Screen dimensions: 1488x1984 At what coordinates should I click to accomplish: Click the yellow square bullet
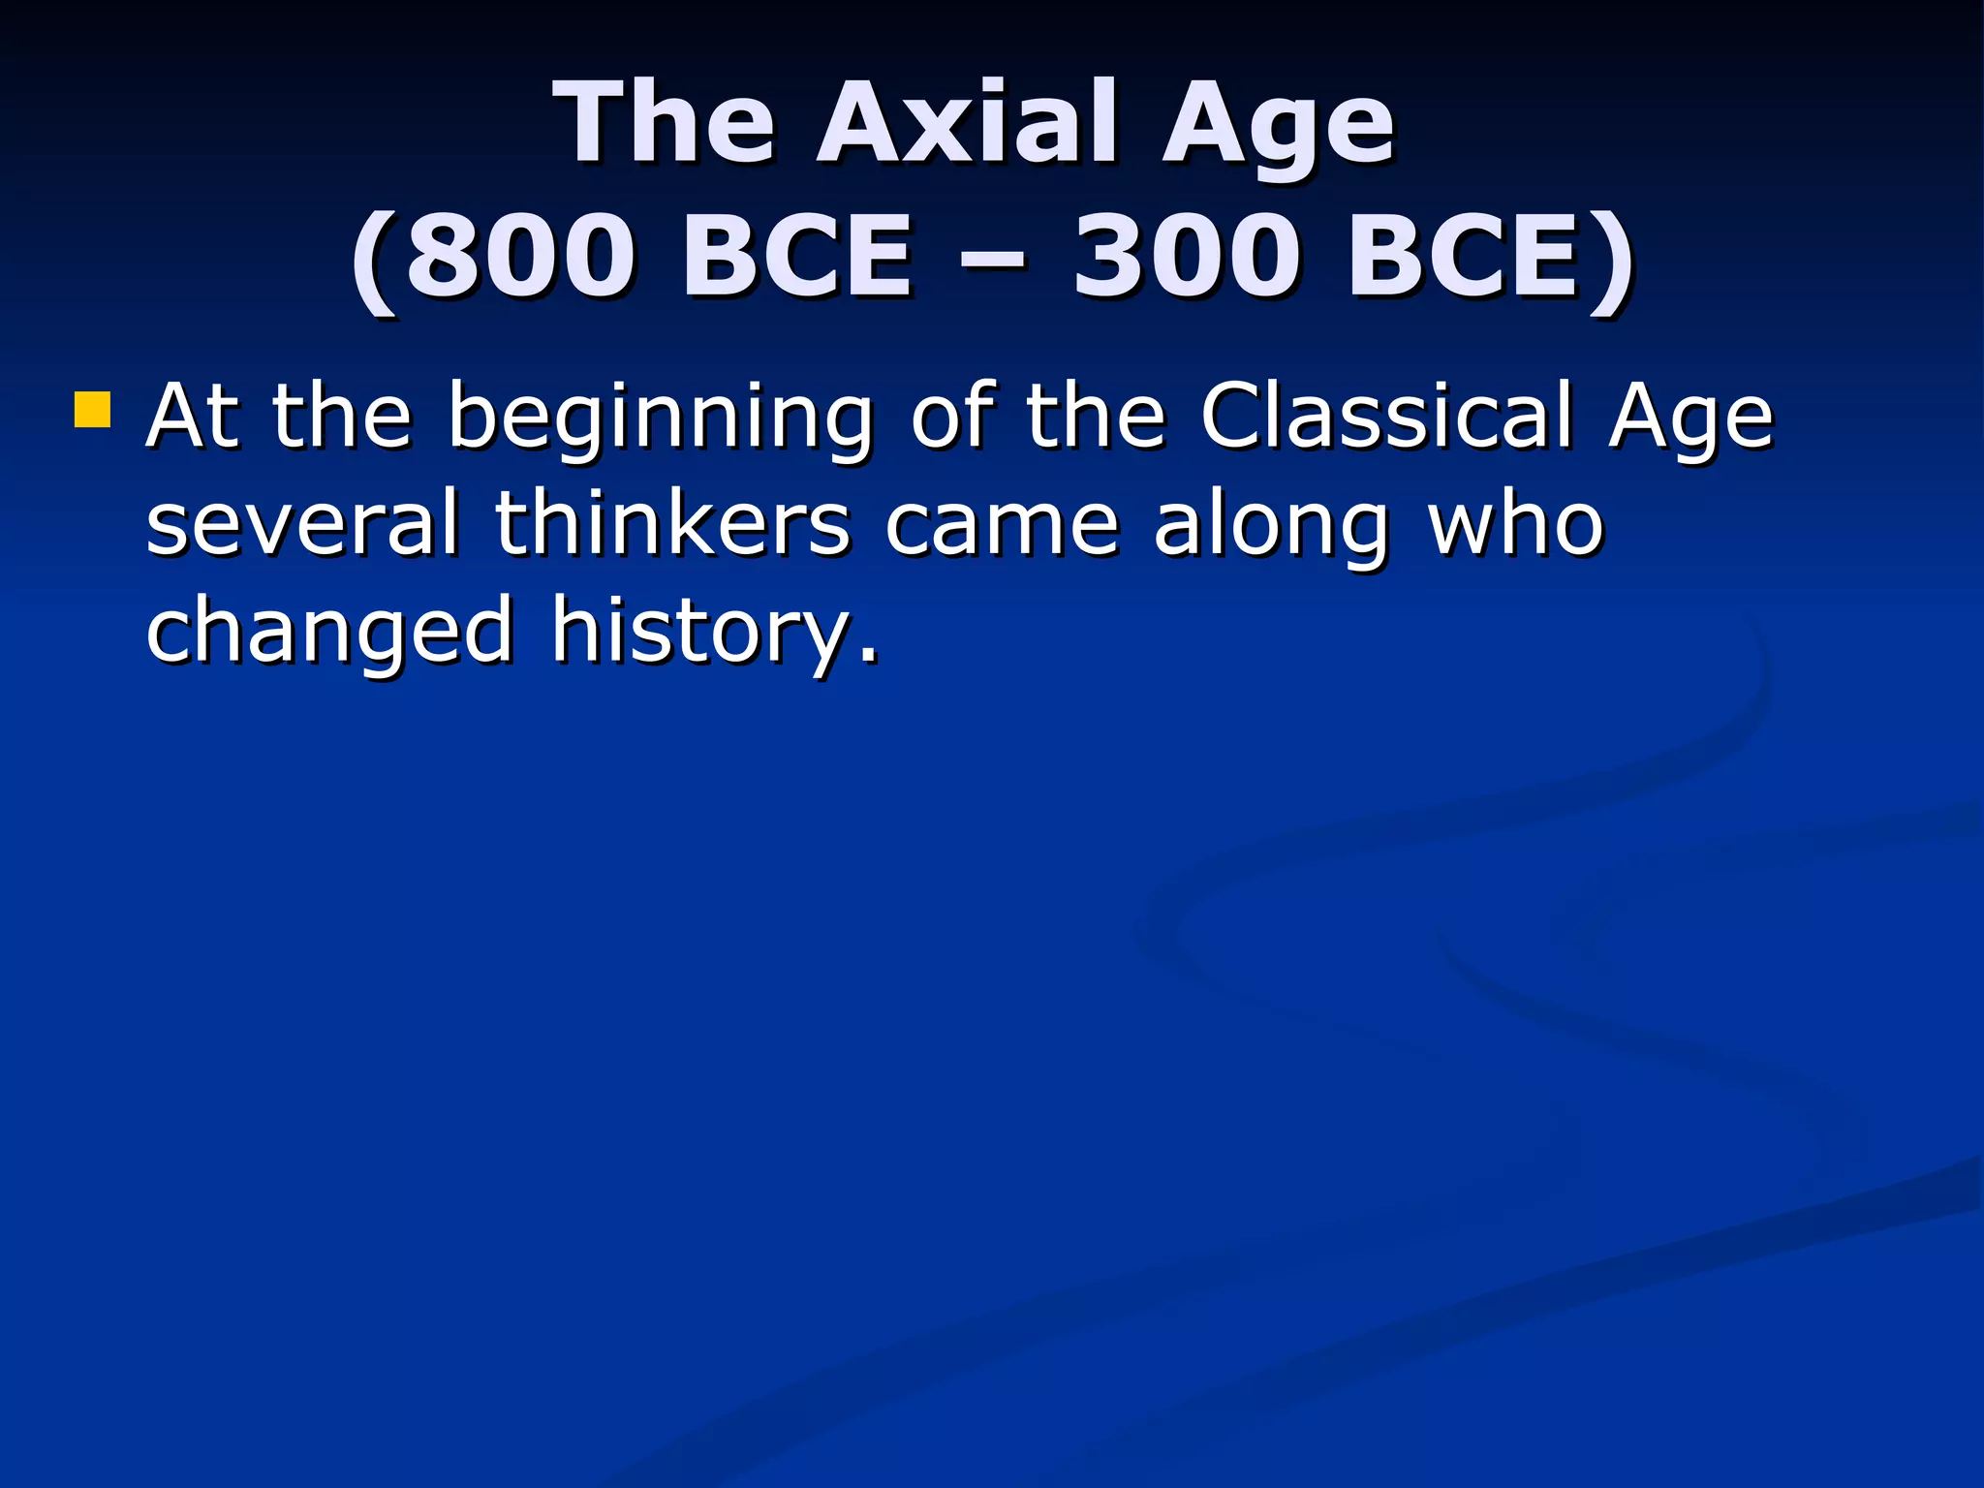(92, 409)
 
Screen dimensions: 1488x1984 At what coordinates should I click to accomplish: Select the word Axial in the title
(969, 124)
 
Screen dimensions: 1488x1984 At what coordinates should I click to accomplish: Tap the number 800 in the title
(520, 257)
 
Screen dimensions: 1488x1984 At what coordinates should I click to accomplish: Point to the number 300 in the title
(1187, 257)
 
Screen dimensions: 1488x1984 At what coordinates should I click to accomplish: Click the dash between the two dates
(992, 259)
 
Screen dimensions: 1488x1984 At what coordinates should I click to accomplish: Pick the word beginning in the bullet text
(660, 418)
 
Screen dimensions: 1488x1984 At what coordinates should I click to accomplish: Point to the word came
(1002, 525)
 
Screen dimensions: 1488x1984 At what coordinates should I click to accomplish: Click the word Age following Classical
(1690, 418)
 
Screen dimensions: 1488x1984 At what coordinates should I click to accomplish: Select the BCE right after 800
(796, 257)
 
